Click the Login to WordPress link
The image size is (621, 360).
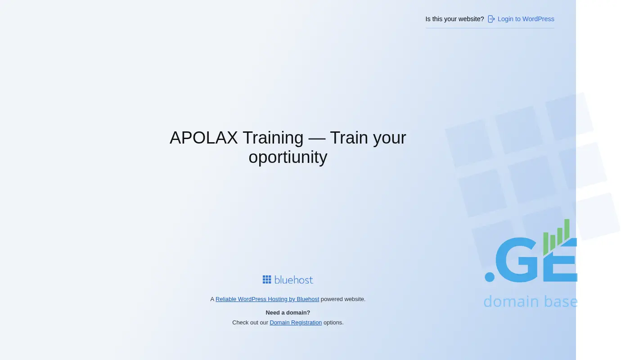[526, 19]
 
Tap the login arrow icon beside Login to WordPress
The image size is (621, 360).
[491, 19]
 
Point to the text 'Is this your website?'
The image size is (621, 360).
[454, 19]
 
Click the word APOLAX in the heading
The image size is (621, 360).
[204, 137]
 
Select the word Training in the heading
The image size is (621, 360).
[273, 137]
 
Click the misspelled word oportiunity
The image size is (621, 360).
[288, 157]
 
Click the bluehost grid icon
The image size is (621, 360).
[267, 279]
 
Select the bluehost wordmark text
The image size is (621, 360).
[293, 279]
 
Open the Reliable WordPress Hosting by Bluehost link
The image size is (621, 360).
[267, 299]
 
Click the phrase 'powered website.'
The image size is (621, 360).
[343, 299]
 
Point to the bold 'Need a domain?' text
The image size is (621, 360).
[288, 313]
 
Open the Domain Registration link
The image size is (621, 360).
[296, 323]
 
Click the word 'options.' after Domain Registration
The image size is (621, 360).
[333, 323]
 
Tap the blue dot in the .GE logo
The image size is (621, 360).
[490, 277]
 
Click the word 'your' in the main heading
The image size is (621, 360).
[390, 138]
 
